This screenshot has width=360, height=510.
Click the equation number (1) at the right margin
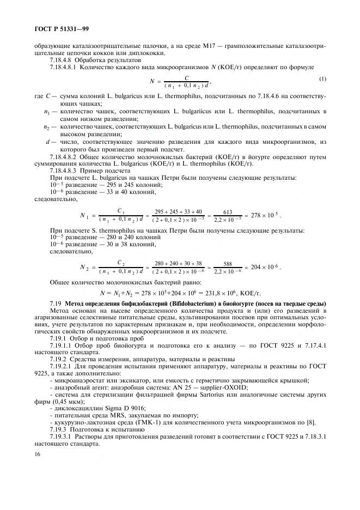coord(322,78)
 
